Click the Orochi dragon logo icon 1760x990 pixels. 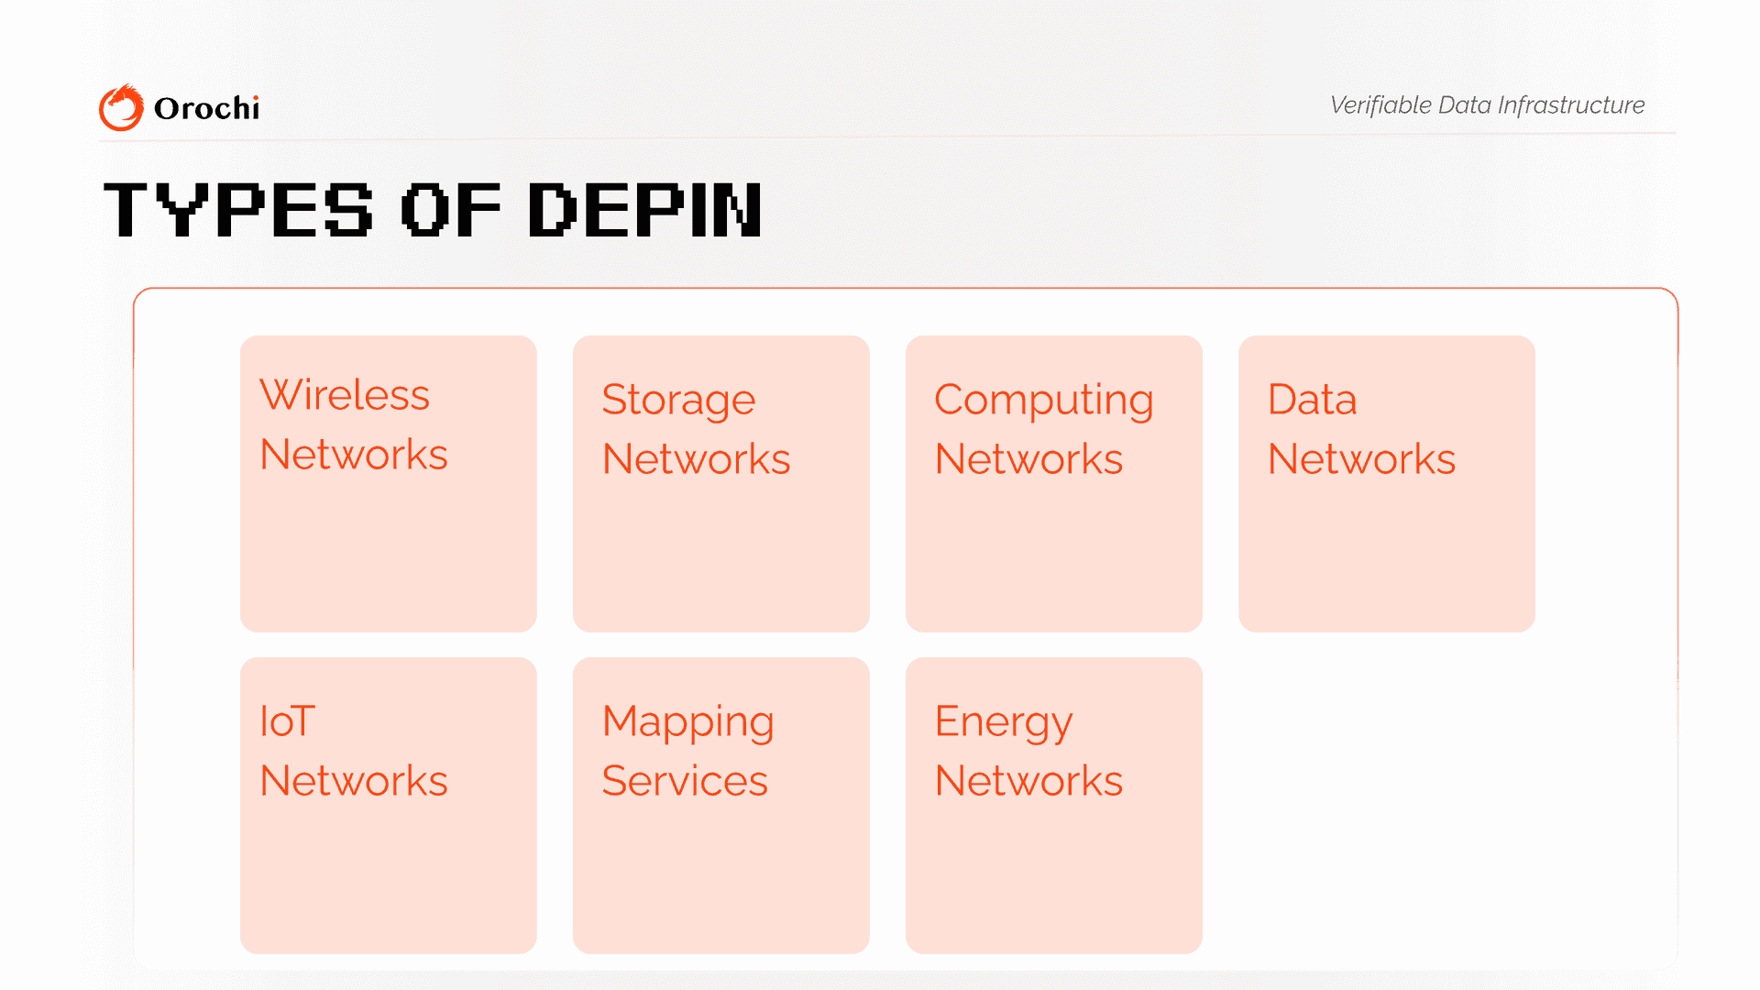(121, 107)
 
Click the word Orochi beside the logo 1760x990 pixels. (206, 108)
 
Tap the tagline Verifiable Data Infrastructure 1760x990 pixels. (1487, 105)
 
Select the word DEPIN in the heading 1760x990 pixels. (645, 210)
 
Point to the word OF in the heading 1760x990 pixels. (451, 210)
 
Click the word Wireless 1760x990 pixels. (345, 395)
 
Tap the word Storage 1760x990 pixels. (678, 401)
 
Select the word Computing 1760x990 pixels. (1044, 401)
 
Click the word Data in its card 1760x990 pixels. (1312, 400)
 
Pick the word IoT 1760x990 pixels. (288, 721)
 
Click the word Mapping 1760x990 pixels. (688, 722)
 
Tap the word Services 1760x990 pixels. (685, 781)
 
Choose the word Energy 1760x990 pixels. (1004, 722)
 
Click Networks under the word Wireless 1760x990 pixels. (354, 455)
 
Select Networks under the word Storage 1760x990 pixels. (697, 459)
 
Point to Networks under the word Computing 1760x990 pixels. (1029, 459)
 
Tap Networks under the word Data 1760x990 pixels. (1362, 459)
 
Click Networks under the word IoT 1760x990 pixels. (354, 781)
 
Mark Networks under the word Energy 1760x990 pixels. (1029, 781)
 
